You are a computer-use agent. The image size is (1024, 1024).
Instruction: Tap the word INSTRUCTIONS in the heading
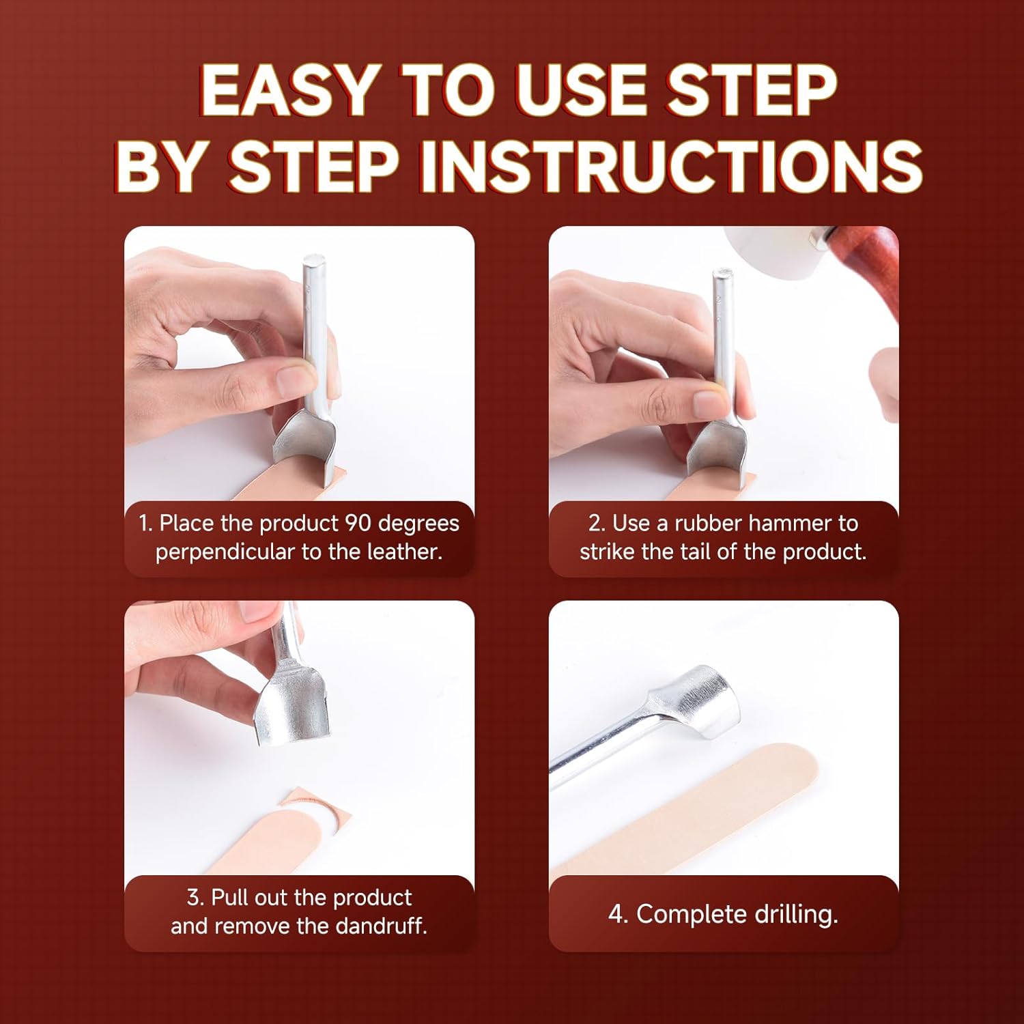tap(670, 166)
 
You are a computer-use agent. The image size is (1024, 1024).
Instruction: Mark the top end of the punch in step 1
tap(314, 259)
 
